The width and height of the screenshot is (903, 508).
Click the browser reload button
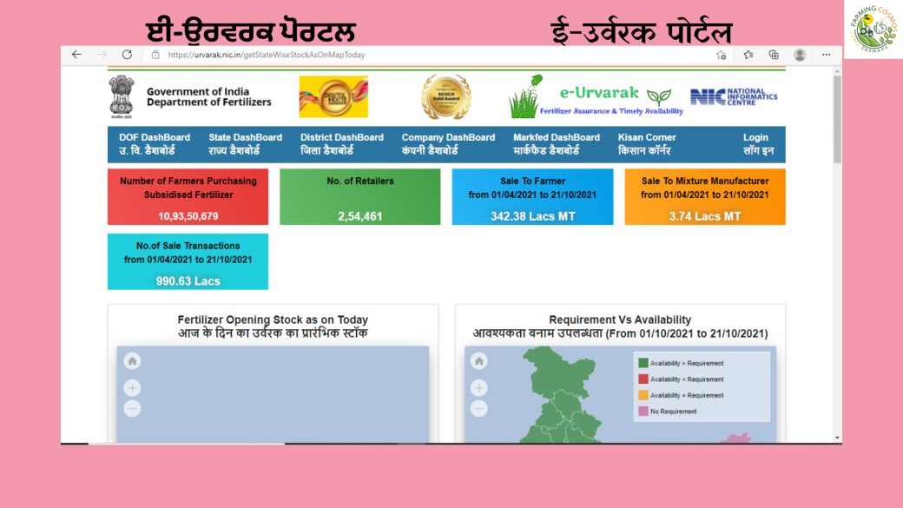pyautogui.click(x=127, y=55)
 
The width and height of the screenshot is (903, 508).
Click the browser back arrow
pyautogui.click(x=76, y=55)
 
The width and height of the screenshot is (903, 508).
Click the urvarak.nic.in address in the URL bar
pyautogui.click(x=266, y=55)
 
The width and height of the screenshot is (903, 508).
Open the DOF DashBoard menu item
pyautogui.click(x=155, y=143)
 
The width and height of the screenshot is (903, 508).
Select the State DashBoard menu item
pyautogui.click(x=245, y=143)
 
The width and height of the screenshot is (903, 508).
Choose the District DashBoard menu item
pyautogui.click(x=341, y=143)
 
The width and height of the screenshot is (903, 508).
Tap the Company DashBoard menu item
pyautogui.click(x=448, y=143)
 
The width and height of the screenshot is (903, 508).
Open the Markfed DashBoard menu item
pyautogui.click(x=556, y=143)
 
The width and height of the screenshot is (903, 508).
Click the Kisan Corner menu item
pyautogui.click(x=646, y=143)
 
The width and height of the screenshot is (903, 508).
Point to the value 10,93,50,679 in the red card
pyautogui.click(x=188, y=216)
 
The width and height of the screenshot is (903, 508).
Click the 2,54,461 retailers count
pyautogui.click(x=359, y=216)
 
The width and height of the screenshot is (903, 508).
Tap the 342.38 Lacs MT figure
pyautogui.click(x=532, y=216)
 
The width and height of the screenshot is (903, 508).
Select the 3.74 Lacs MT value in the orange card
pyautogui.click(x=705, y=216)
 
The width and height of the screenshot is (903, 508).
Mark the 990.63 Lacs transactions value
pyautogui.click(x=188, y=281)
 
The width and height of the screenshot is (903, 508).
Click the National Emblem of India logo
pyautogui.click(x=122, y=96)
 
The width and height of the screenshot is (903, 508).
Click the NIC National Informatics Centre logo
pyautogui.click(x=734, y=96)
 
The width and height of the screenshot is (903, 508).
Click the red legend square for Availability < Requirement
pyautogui.click(x=643, y=379)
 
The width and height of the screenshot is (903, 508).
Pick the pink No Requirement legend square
pyautogui.click(x=643, y=411)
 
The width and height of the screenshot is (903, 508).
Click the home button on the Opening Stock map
pyautogui.click(x=132, y=361)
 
